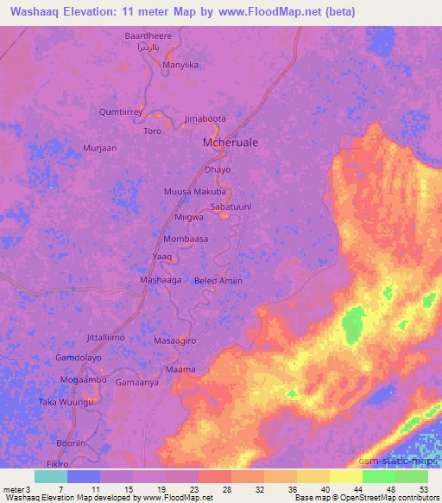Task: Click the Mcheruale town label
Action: pyautogui.click(x=230, y=141)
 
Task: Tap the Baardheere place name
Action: pyautogui.click(x=148, y=36)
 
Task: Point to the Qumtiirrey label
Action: pyautogui.click(x=121, y=111)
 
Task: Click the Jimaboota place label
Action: pyautogui.click(x=205, y=119)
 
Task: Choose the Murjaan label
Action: pyautogui.click(x=99, y=148)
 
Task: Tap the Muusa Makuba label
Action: pyautogui.click(x=194, y=191)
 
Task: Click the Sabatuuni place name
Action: pyautogui.click(x=231, y=207)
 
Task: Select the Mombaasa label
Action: pyautogui.click(x=186, y=238)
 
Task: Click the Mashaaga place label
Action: pyautogui.click(x=161, y=281)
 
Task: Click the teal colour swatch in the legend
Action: pyautogui.click(x=51, y=476)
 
